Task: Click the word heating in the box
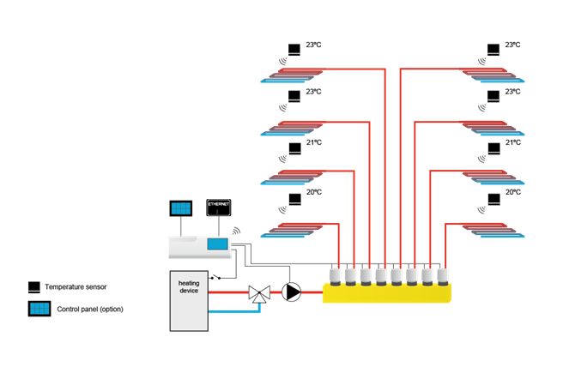(x=189, y=283)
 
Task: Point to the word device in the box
(x=189, y=292)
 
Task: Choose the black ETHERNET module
(x=219, y=208)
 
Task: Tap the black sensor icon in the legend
(x=33, y=286)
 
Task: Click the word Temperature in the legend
(x=67, y=286)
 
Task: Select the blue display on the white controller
(x=219, y=244)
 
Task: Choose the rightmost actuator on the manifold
(x=443, y=276)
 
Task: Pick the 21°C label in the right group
(x=513, y=142)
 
